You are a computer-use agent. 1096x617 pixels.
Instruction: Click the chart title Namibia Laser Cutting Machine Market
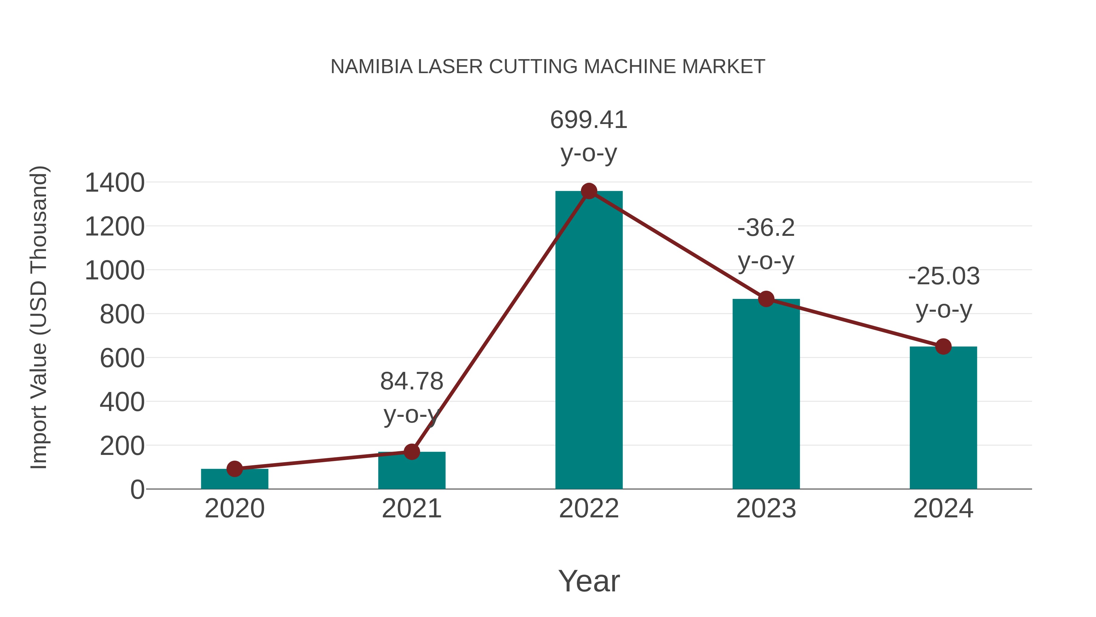point(548,67)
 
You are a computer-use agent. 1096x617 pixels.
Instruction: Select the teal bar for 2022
point(589,341)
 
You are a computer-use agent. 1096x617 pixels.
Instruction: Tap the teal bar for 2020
point(234,480)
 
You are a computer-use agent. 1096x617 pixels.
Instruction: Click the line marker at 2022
point(589,191)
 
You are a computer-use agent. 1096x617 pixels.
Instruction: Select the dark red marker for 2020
point(234,469)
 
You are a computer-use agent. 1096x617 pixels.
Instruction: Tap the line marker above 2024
point(943,347)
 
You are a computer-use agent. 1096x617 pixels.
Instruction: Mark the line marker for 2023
point(766,299)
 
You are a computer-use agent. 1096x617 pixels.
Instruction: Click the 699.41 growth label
point(589,120)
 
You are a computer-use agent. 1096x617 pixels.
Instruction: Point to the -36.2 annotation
point(766,228)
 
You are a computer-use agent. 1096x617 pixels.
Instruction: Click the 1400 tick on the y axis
point(115,183)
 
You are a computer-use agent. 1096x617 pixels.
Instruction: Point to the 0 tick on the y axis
point(137,490)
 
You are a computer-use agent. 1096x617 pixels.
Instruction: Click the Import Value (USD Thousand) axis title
point(39,318)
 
